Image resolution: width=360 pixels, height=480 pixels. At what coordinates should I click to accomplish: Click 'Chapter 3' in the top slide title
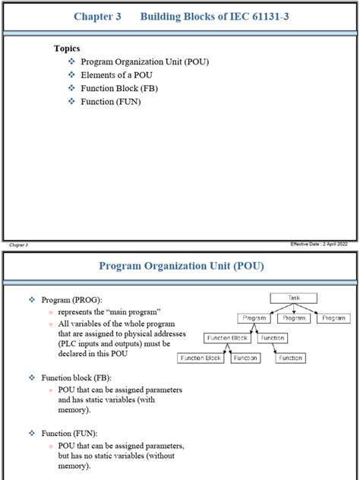pyautogui.click(x=96, y=17)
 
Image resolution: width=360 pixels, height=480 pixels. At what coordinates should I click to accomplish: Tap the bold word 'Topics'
pyautogui.click(x=67, y=48)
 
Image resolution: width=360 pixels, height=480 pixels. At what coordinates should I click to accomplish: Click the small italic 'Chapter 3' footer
pyautogui.click(x=17, y=245)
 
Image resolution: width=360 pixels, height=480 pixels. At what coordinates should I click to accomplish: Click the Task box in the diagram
pyautogui.click(x=293, y=298)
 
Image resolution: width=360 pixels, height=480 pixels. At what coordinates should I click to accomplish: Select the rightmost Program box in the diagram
pyautogui.click(x=333, y=318)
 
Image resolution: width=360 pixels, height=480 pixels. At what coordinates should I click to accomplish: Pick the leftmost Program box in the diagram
pyautogui.click(x=254, y=318)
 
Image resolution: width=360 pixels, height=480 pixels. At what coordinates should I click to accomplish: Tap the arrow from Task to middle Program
pyautogui.click(x=293, y=308)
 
